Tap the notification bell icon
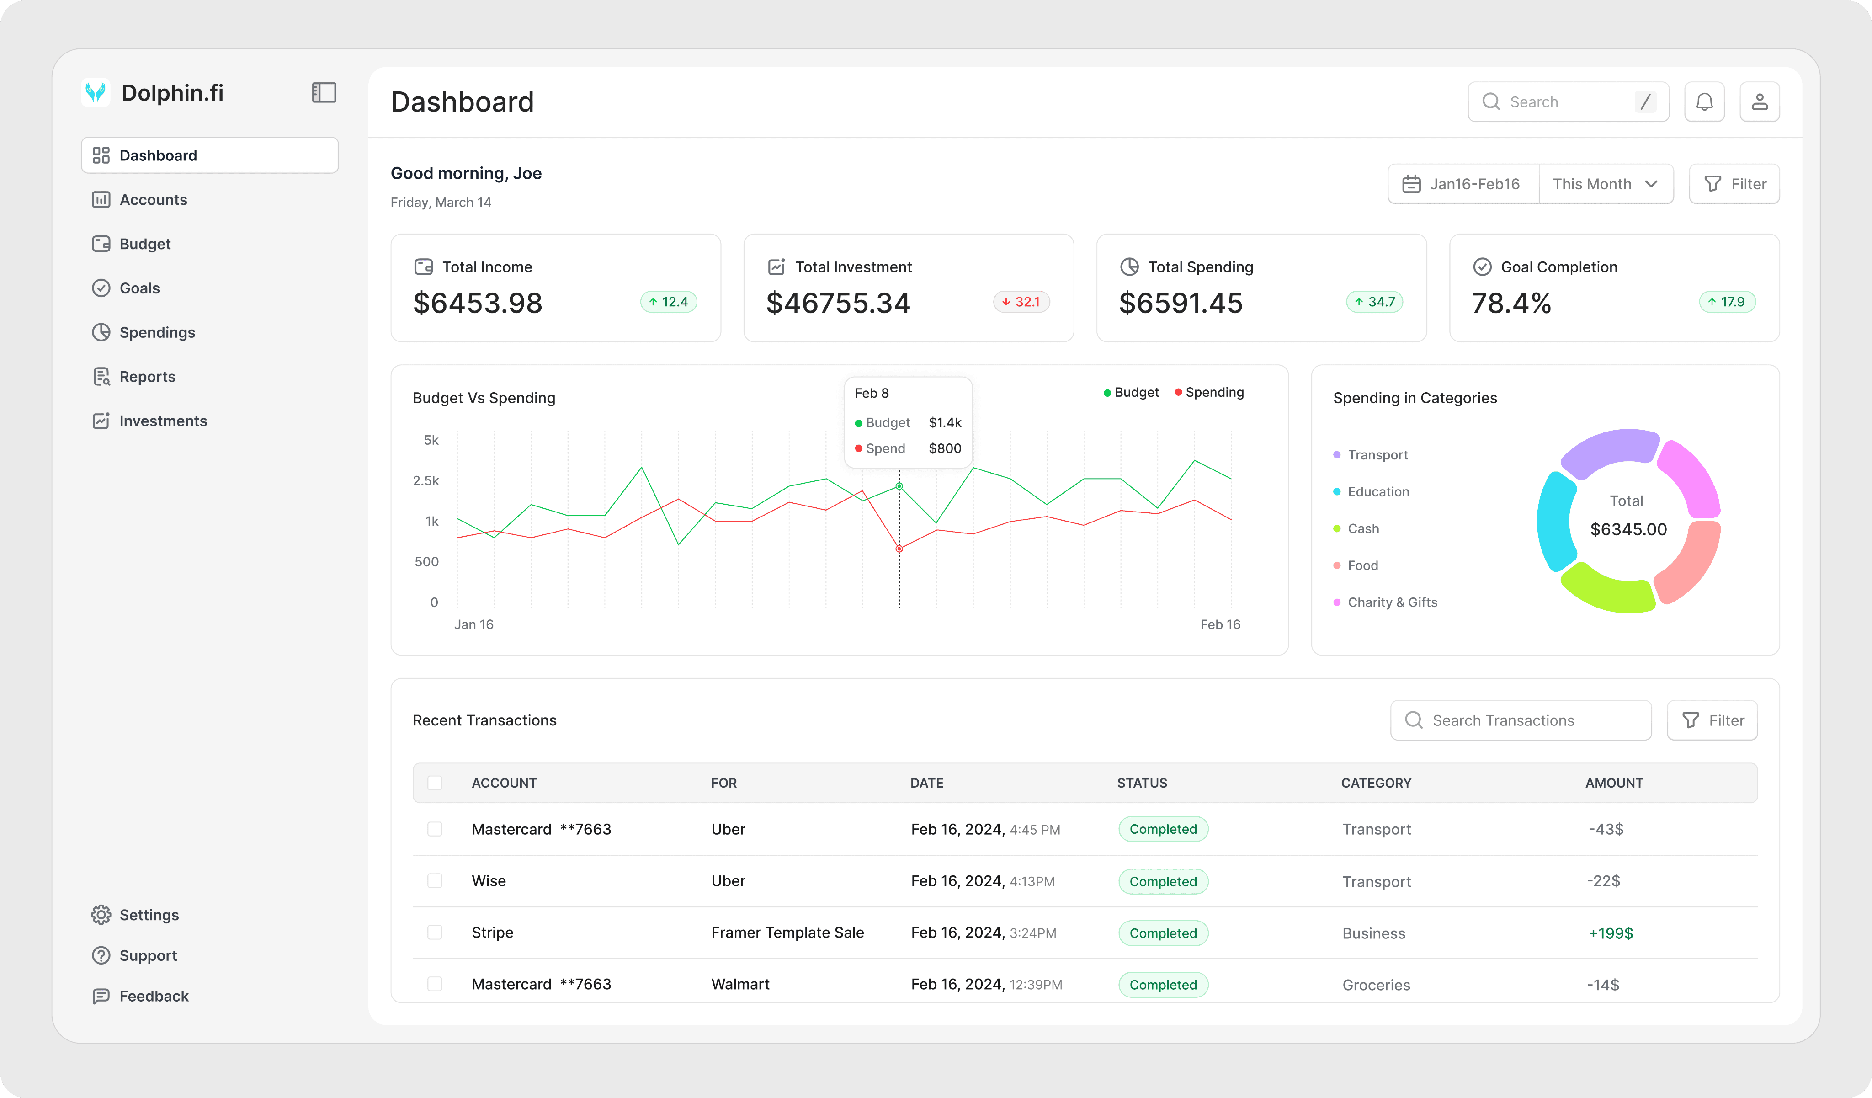(x=1704, y=102)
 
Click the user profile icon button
(x=1759, y=102)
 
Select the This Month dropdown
(x=1605, y=184)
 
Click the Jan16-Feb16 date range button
(x=1462, y=184)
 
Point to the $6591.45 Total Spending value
(x=1181, y=303)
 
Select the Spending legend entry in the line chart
(x=1209, y=392)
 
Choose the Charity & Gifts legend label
(x=1392, y=602)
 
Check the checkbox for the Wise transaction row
(x=435, y=881)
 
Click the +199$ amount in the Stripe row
(x=1611, y=933)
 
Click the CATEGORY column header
(x=1376, y=783)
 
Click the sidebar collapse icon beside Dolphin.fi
(x=324, y=93)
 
